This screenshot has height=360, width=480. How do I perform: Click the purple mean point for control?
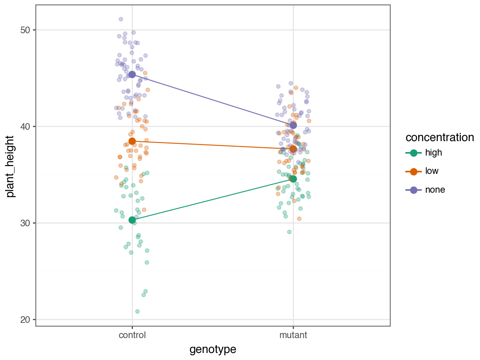coord(132,74)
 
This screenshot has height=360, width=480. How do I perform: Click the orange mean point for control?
coord(132,141)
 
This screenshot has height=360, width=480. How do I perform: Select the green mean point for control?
coord(132,220)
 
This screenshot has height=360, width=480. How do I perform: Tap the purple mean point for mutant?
coord(293,125)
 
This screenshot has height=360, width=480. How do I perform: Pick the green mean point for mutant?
coord(293,179)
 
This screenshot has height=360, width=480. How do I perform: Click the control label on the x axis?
coord(132,335)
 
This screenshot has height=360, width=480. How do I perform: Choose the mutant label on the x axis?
coord(293,335)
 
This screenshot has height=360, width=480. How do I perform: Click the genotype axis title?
coord(213,349)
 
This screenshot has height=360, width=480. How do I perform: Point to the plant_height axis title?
coord(11,166)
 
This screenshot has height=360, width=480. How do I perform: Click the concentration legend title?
coord(440,138)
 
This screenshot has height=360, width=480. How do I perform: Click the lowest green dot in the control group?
coord(137,312)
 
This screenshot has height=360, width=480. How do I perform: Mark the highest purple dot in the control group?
coord(121,19)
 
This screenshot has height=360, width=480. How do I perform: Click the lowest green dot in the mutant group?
coord(289,232)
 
